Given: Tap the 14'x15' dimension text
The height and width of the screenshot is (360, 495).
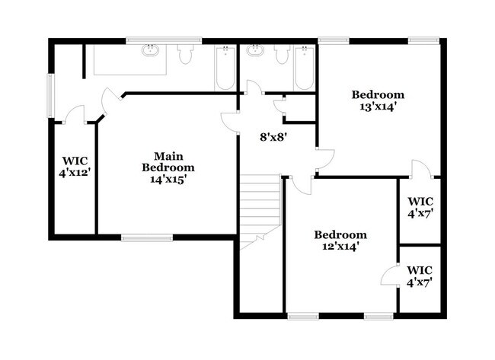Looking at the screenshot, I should (x=169, y=180).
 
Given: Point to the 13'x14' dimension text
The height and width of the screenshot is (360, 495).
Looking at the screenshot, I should (x=378, y=107).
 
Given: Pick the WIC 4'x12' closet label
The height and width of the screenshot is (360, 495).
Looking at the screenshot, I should (x=74, y=167).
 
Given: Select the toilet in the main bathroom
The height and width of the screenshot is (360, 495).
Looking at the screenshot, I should (x=184, y=54).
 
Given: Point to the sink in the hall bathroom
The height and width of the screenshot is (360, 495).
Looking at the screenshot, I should (x=254, y=52).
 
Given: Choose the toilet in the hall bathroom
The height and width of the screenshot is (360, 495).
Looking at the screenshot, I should (x=281, y=54).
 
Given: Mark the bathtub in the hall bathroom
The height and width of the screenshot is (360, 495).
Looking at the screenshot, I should (x=304, y=68).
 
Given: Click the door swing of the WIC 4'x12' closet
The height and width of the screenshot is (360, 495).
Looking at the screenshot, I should (x=74, y=115).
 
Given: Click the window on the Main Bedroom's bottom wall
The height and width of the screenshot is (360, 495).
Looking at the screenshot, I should (x=147, y=238).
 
